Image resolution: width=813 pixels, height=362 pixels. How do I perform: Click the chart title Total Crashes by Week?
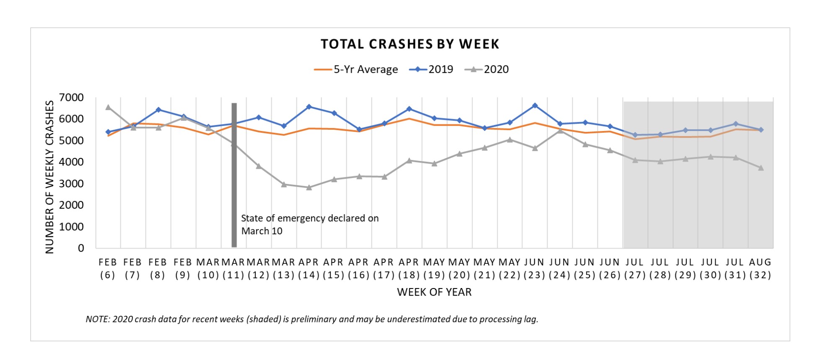click(x=410, y=44)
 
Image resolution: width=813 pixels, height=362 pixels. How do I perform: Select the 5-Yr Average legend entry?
click(x=356, y=69)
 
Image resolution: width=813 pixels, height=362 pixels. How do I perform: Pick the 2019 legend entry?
click(x=432, y=69)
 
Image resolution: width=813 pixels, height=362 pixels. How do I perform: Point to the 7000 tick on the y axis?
click(x=72, y=97)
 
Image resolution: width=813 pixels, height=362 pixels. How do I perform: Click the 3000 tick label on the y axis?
click(x=72, y=184)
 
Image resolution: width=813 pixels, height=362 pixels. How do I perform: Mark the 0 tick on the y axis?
click(x=81, y=248)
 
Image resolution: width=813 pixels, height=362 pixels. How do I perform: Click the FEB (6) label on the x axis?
click(x=108, y=268)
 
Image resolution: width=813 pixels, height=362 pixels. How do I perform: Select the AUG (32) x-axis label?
click(x=760, y=268)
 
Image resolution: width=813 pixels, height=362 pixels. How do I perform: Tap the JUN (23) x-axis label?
click(x=534, y=268)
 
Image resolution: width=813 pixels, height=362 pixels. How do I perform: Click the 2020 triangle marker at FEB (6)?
click(x=108, y=108)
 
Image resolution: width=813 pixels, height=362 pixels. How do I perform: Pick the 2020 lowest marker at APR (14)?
click(x=309, y=188)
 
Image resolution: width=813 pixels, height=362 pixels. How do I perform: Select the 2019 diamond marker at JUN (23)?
click(x=535, y=105)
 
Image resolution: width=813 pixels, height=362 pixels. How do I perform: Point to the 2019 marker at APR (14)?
click(x=309, y=107)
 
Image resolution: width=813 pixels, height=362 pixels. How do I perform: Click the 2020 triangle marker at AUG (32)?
click(x=761, y=168)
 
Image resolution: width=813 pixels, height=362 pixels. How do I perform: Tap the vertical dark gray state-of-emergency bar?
click(x=234, y=176)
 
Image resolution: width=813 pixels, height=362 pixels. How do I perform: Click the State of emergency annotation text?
click(x=309, y=224)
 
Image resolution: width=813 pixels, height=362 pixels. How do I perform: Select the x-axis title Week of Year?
click(x=434, y=292)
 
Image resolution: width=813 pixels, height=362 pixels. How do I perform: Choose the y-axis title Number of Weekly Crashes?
click(x=50, y=177)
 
